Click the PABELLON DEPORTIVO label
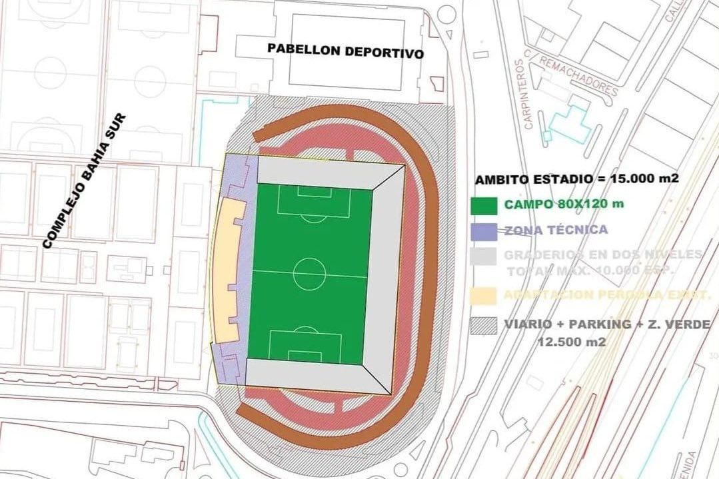point(345,51)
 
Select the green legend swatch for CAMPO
point(484,206)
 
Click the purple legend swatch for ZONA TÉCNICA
point(484,231)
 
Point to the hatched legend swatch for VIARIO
point(484,326)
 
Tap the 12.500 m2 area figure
point(572,342)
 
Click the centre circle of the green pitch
point(309,274)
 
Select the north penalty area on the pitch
point(314,202)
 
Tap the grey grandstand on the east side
point(385,273)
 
